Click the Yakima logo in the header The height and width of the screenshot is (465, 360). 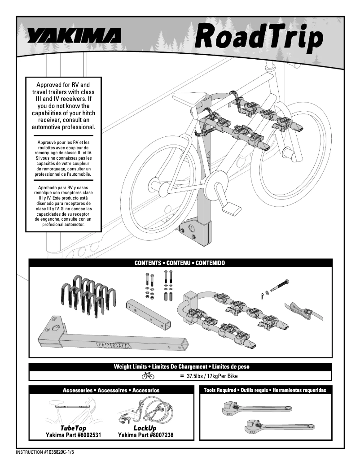[x=74, y=36]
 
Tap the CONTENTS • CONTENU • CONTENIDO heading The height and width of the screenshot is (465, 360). [x=180, y=263]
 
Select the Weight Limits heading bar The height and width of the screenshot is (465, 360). [x=180, y=367]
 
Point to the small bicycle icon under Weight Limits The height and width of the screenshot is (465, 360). [x=148, y=376]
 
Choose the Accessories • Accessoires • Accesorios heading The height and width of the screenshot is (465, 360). [x=111, y=390]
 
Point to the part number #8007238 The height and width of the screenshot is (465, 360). [x=145, y=435]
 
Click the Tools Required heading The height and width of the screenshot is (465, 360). [x=265, y=390]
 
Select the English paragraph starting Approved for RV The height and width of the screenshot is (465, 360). [x=63, y=106]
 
